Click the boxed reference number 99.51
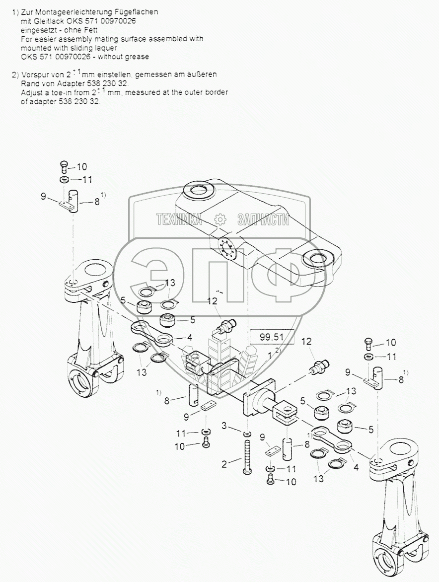pyautogui.click(x=271, y=337)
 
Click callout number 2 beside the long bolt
pyautogui.click(x=224, y=464)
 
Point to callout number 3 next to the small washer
pyautogui.click(x=225, y=425)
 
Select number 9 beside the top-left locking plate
pyautogui.click(x=44, y=197)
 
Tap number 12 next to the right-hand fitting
pyautogui.click(x=306, y=342)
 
